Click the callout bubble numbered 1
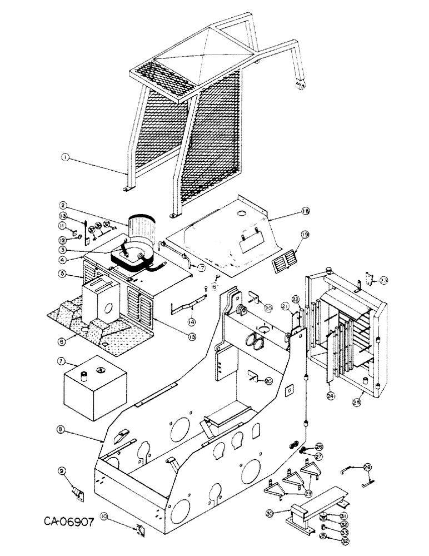65,158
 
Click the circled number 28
367,466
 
